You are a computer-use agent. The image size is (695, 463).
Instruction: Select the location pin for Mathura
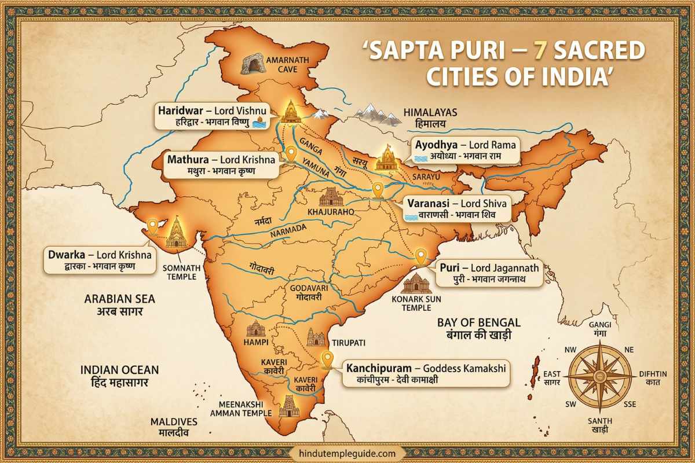click(x=291, y=154)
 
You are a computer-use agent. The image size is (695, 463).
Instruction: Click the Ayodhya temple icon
click(x=386, y=158)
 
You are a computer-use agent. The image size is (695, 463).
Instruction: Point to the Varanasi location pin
click(x=378, y=189)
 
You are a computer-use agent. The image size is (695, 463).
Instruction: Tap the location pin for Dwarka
click(x=153, y=226)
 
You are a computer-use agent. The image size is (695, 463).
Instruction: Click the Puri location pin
click(x=421, y=255)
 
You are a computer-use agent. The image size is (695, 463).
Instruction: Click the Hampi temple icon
click(x=255, y=329)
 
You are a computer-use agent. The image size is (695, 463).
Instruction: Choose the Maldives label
click(x=174, y=427)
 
